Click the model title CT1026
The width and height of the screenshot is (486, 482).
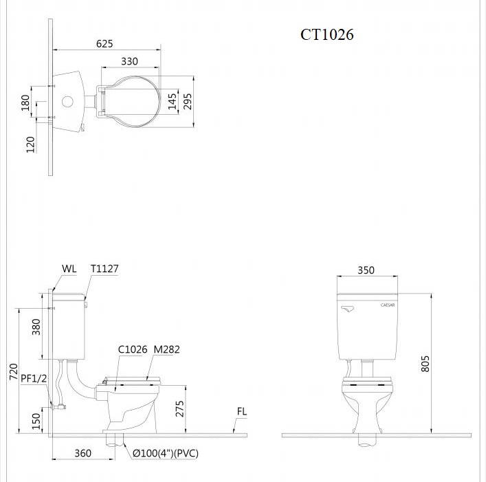[327, 34]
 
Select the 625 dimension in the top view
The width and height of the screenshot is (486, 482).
[104, 43]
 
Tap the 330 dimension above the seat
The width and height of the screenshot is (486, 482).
[129, 61]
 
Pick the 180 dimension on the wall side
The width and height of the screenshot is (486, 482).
[26, 102]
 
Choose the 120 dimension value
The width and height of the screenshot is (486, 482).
[31, 144]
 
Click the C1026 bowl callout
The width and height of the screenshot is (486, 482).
[132, 349]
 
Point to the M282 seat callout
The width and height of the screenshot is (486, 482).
[166, 349]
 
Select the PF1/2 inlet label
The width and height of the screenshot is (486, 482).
[33, 378]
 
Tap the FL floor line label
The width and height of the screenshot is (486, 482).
[242, 412]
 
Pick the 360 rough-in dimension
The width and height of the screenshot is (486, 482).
[82, 454]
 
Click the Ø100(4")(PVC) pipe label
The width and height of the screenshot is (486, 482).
[166, 454]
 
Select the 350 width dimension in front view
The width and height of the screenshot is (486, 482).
[366, 270]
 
